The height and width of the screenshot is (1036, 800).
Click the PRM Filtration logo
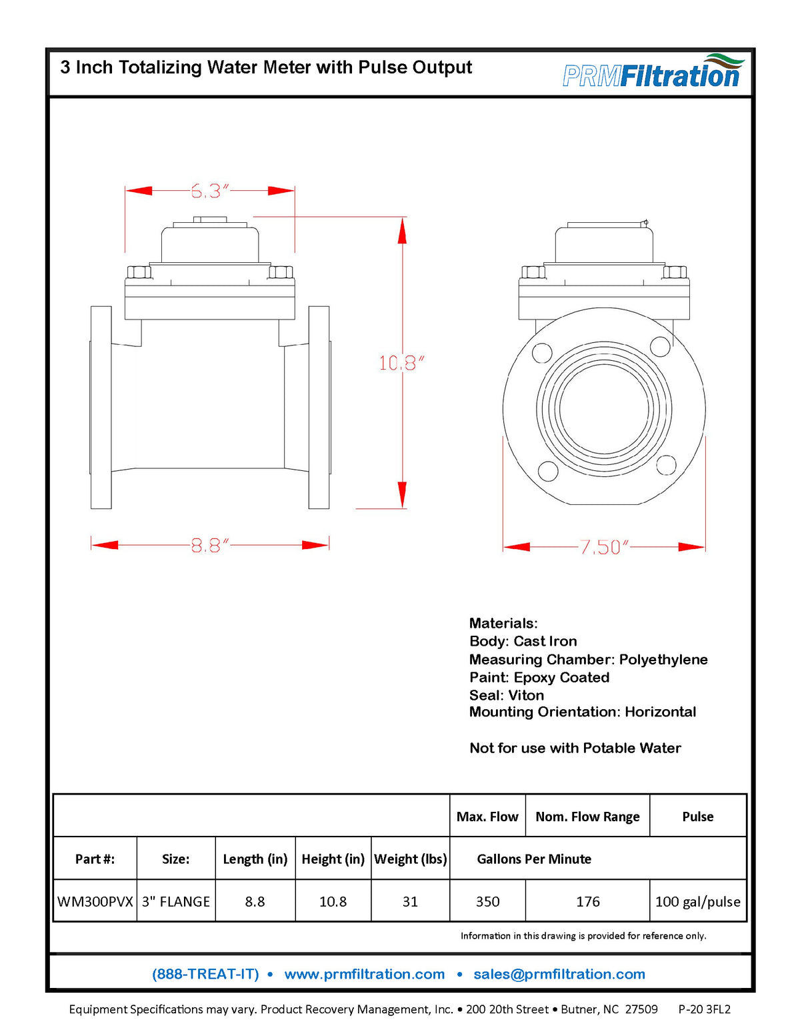pos(652,72)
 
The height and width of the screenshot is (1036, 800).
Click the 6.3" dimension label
pos(209,191)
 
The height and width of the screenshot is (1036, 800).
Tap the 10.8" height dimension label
pos(401,364)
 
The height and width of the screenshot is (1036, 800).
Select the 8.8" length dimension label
pos(209,546)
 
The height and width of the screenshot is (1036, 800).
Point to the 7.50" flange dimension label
pos(604,548)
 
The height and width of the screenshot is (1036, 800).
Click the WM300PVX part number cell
pos(95,901)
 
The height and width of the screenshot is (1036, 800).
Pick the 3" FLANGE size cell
pos(176,901)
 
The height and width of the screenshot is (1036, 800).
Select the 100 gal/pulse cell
pos(697,901)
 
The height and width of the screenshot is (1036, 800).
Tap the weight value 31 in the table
pos(410,901)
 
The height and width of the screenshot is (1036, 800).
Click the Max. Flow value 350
pos(487,901)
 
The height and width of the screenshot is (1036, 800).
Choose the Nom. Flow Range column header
pos(587,817)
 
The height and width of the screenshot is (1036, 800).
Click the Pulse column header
pos(697,817)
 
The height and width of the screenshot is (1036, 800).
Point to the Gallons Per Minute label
pos(534,859)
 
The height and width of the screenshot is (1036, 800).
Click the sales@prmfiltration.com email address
pos(559,974)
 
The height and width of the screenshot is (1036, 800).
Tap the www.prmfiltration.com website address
pos(364,974)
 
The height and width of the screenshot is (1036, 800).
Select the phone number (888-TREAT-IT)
pos(205,974)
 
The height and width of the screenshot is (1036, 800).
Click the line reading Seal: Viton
pos(506,695)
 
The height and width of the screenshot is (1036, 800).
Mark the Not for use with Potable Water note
pos(575,748)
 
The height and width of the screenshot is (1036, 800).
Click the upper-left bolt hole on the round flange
pos(542,352)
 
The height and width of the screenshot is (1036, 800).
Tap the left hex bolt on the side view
pos(139,272)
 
